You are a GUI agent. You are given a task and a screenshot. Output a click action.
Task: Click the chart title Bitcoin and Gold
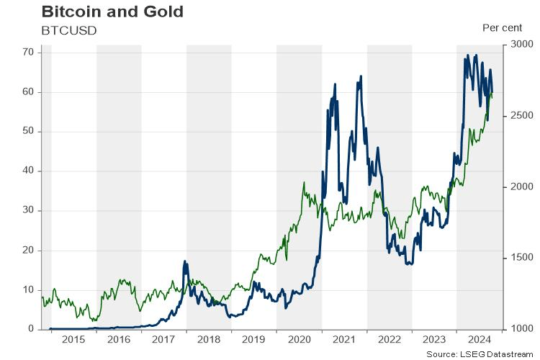(112, 12)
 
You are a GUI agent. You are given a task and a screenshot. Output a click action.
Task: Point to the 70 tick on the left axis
(29, 52)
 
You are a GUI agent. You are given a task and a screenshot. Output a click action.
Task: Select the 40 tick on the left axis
(29, 171)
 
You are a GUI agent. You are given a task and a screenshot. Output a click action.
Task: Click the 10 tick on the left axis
(29, 289)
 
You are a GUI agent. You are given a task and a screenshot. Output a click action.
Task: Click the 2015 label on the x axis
(74, 339)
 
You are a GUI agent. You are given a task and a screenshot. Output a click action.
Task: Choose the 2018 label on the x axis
(209, 339)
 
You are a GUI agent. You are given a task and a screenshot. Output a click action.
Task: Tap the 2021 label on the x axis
(344, 339)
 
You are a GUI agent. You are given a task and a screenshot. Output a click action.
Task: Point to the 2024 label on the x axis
(479, 339)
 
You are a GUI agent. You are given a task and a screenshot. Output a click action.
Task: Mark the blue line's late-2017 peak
(185, 261)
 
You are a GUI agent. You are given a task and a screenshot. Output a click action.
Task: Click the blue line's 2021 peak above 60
(359, 76)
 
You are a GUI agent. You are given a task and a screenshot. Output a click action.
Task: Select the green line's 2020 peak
(304, 182)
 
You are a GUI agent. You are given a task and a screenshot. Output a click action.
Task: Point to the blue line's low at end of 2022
(409, 264)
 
